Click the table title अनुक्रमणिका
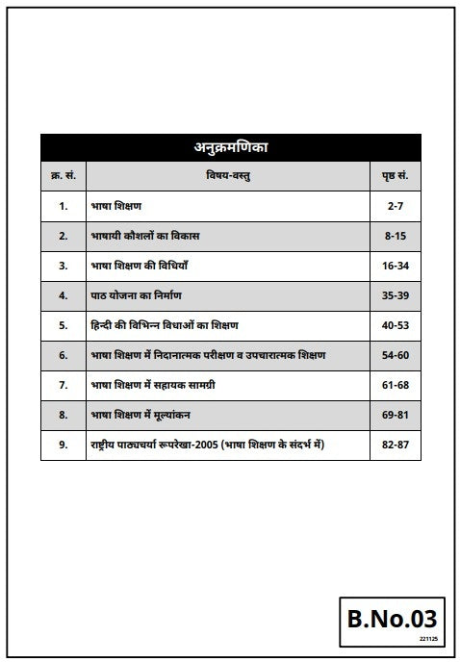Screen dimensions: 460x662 coord(230,148)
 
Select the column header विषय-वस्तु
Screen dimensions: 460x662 coord(230,177)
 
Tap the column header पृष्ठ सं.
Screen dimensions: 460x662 coord(396,177)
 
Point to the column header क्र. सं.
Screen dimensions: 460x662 coord(64,177)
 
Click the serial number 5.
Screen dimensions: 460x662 coord(64,325)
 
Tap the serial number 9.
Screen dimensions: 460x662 coord(64,446)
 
